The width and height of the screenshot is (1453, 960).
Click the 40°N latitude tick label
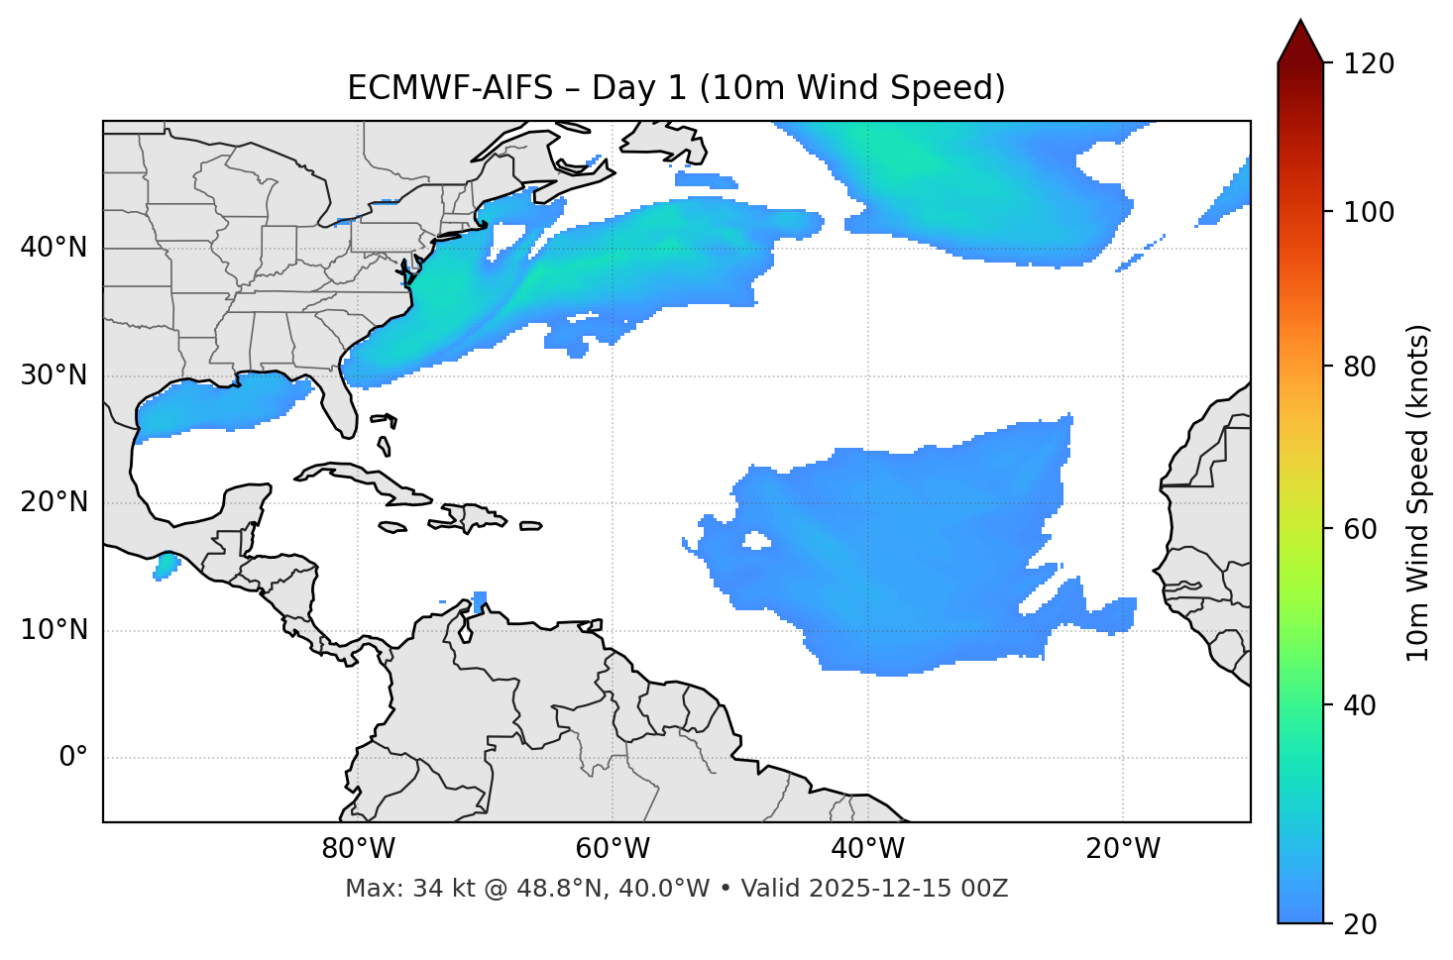(x=54, y=248)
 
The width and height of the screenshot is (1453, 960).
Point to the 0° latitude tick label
(x=73, y=758)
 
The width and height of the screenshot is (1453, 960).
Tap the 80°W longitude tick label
(x=358, y=849)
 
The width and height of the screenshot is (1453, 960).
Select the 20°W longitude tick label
(x=1123, y=849)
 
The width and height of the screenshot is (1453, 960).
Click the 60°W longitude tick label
(x=613, y=849)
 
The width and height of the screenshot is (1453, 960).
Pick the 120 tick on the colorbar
(x=1369, y=64)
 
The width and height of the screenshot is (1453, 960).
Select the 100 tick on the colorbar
(x=1369, y=212)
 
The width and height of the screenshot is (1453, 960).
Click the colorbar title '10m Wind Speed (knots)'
(x=1418, y=492)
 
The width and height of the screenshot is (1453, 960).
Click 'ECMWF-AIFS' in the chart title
(x=450, y=88)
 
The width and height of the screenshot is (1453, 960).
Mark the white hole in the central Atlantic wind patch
(x=757, y=540)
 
